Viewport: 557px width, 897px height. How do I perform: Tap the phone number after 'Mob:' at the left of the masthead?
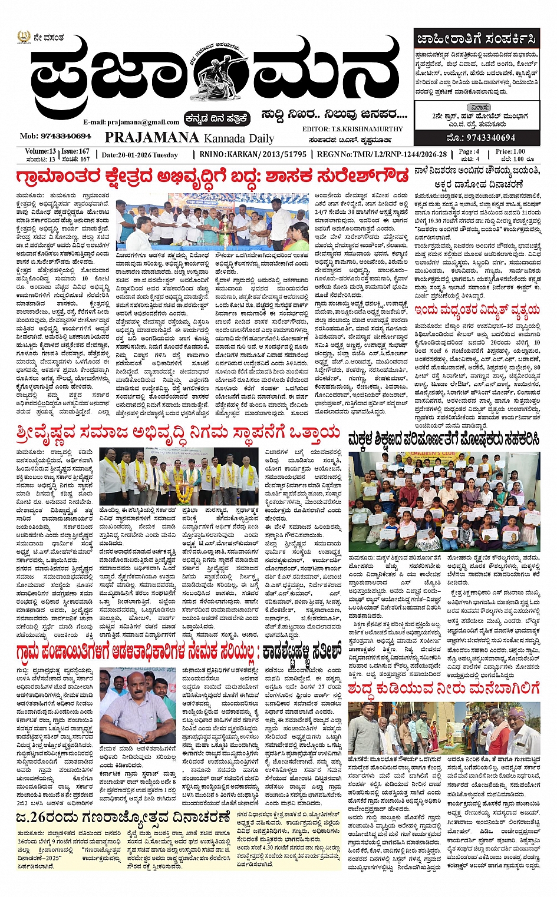pos(58,136)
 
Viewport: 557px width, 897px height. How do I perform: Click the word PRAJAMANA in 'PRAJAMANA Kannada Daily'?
pos(151,137)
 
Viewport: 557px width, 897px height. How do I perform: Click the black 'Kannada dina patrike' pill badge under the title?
pos(217,118)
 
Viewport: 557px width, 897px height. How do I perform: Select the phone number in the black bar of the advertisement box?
pos(477,137)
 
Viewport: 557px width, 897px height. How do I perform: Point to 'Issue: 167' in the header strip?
pos(75,151)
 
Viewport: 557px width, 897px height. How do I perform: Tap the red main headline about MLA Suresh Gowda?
pos(212,177)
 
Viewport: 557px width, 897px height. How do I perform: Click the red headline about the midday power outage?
pos(477,309)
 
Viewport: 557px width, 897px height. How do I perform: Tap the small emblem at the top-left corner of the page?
pos(22,37)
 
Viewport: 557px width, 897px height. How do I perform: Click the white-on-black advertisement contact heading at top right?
pos(476,39)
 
